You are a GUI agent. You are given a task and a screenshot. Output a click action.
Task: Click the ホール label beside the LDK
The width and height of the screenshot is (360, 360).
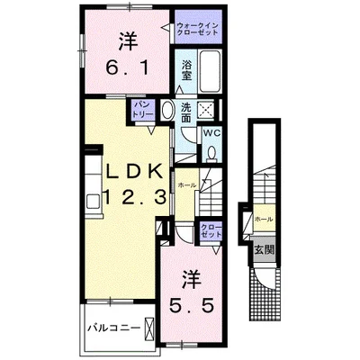[x=187, y=184]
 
